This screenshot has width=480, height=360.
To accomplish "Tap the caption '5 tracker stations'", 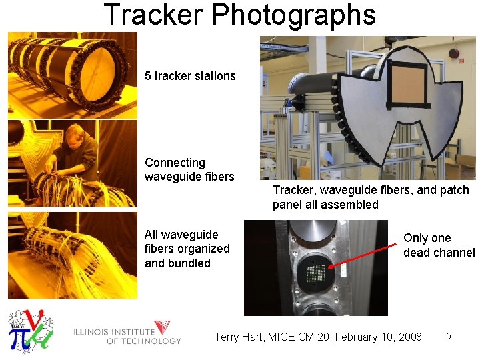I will (190, 76).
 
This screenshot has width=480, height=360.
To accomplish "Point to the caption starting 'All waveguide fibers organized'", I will (187, 249).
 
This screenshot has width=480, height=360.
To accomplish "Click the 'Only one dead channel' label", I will (439, 245).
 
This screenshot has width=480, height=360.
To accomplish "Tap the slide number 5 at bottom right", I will (449, 336).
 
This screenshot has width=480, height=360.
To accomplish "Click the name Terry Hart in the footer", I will (238, 337).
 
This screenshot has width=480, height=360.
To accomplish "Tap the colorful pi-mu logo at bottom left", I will (29, 329).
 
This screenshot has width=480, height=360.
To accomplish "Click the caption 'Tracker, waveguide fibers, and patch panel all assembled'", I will (371, 197).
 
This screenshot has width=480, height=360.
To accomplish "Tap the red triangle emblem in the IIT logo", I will (162, 327).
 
